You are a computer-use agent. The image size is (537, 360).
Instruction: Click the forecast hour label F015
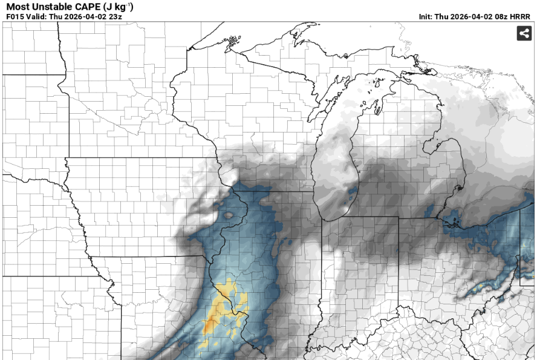coord(15,16)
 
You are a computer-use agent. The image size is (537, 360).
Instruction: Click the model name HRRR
coord(521,16)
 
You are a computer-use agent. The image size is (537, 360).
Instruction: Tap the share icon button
coord(524,34)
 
